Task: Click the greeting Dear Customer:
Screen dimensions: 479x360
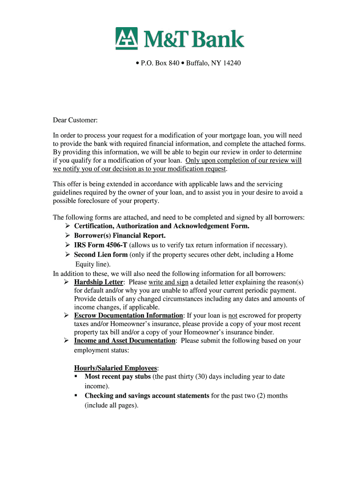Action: pos(75,121)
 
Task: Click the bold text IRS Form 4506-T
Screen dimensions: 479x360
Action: pos(101,245)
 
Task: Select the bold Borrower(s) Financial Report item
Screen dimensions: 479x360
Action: pos(120,236)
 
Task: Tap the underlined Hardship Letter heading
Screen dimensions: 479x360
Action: pos(99,283)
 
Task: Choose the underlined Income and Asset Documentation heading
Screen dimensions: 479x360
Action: pos(125,341)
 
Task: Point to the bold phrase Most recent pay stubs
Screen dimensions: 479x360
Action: pos(118,377)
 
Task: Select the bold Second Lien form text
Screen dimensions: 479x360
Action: pos(101,255)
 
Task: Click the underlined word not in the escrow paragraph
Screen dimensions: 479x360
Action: pos(233,316)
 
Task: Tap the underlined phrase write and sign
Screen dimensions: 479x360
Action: pos(168,283)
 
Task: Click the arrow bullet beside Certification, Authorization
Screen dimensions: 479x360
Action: pos(67,226)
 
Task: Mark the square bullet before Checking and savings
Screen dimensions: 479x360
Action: pos(76,396)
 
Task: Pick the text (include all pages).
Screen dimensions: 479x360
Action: pos(112,406)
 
